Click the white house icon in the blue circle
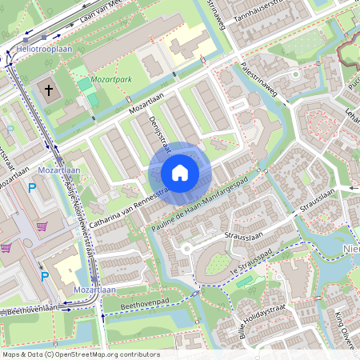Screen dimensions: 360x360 [180, 173]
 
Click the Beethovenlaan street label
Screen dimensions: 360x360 [30, 308]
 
